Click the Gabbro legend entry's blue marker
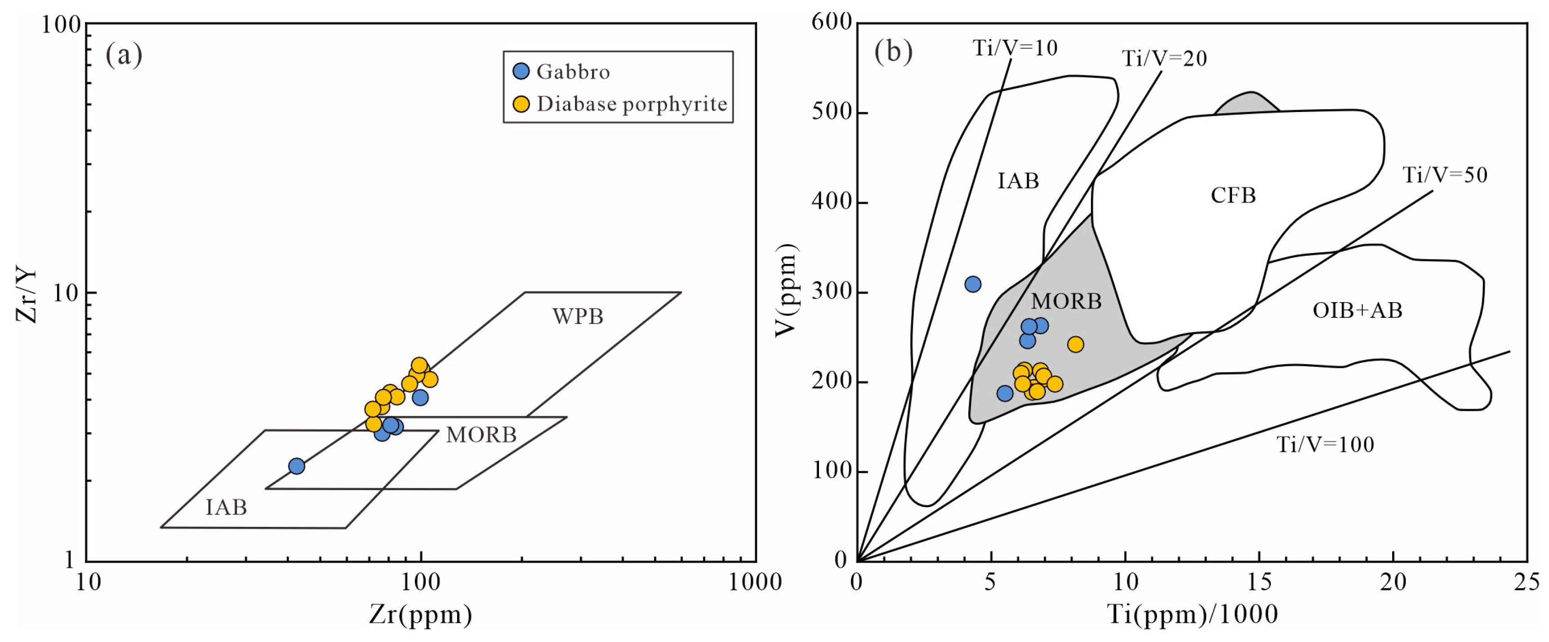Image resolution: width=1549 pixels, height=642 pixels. tap(521, 71)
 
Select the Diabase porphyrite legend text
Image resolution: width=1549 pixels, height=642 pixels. tap(632, 104)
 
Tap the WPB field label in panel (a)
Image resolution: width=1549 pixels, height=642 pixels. tap(578, 317)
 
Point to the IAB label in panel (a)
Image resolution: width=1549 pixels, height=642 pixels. tap(226, 507)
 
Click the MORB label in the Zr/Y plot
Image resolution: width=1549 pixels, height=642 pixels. tap(481, 434)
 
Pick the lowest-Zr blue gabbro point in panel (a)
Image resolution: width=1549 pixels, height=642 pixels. tap(297, 466)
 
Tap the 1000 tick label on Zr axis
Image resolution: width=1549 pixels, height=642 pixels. tap(755, 583)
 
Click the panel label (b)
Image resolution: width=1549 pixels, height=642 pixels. tap(893, 53)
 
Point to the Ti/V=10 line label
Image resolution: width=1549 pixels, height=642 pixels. tap(1015, 48)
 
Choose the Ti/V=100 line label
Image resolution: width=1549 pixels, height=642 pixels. tap(1325, 445)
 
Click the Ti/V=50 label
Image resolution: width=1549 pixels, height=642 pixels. tap(1445, 175)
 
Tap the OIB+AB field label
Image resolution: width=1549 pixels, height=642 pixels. tap(1357, 311)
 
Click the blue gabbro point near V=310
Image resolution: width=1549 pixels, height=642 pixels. tap(973, 285)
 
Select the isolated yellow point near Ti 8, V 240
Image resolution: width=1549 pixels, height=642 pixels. tap(1076, 344)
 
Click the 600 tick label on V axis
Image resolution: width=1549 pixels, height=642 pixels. tap(832, 23)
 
